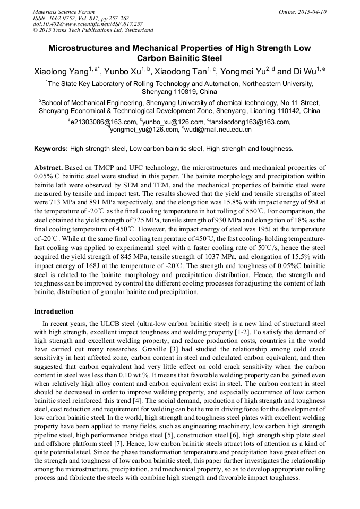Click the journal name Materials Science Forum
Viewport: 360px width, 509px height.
[x=64, y=12]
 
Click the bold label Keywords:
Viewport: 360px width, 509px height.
[x=51, y=149]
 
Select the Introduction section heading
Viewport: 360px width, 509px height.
[x=54, y=311]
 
